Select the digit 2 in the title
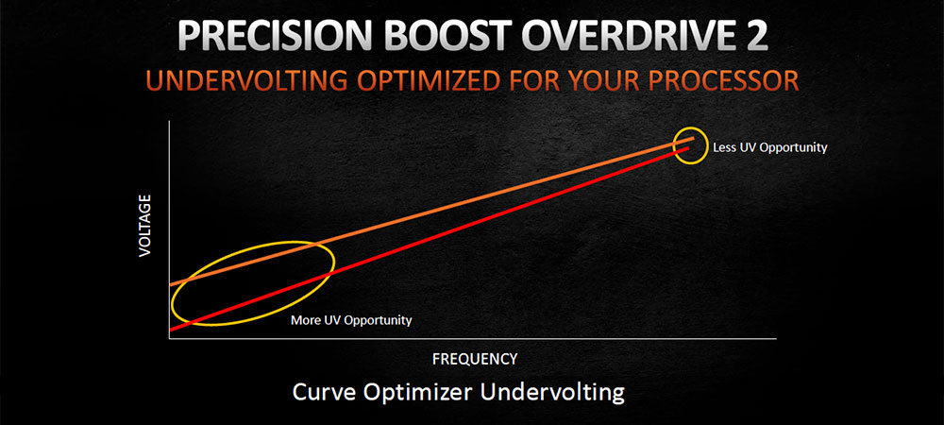(x=753, y=39)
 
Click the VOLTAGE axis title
(x=144, y=226)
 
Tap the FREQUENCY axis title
(x=475, y=359)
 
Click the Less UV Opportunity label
(x=770, y=147)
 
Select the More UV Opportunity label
(x=351, y=320)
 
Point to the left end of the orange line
(x=170, y=284)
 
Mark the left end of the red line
(x=170, y=330)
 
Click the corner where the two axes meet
(x=170, y=338)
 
